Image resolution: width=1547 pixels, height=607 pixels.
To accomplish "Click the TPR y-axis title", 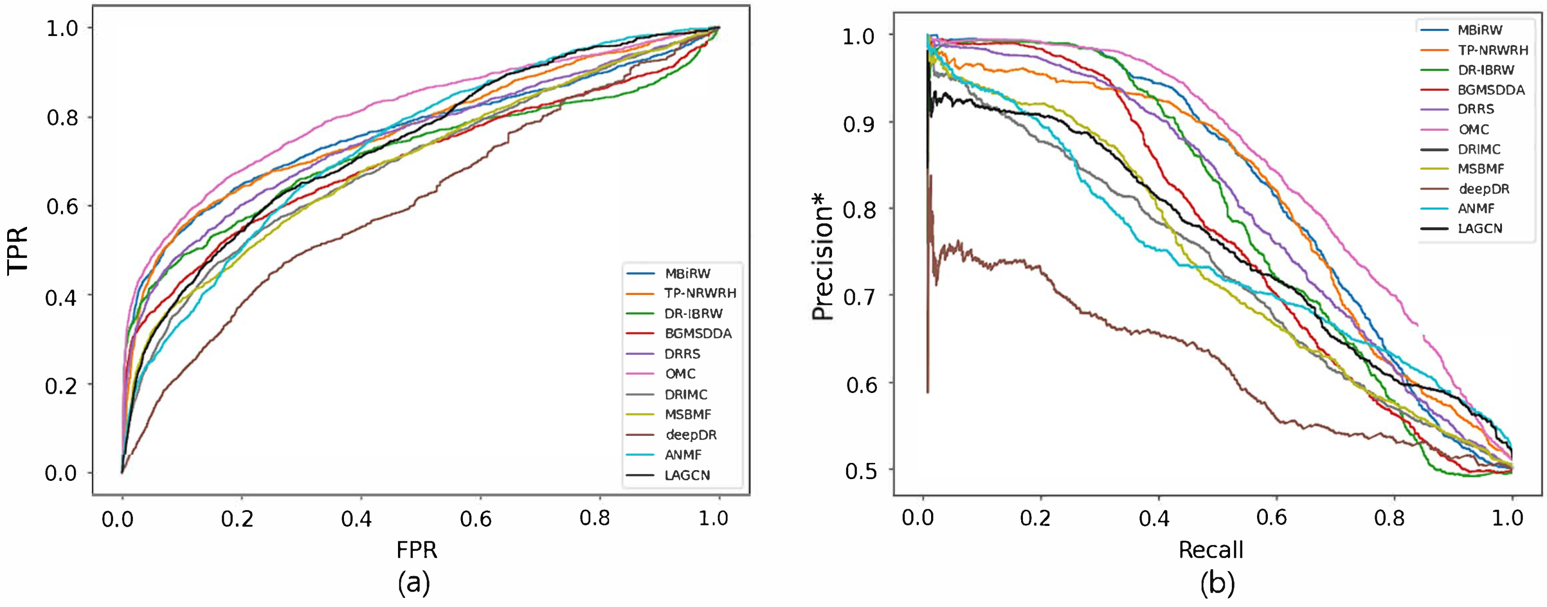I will [x=18, y=250].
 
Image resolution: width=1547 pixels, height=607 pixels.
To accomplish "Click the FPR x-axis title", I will [x=417, y=549].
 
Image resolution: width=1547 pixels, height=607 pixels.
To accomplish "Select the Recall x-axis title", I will [x=1210, y=549].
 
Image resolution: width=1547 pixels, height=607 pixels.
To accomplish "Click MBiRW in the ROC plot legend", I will [x=688, y=274].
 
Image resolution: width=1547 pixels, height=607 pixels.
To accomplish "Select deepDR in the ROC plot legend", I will [x=691, y=435].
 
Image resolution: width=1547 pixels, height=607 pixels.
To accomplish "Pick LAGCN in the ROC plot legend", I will [x=687, y=475].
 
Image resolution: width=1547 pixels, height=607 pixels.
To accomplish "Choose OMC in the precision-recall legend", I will [x=1474, y=129].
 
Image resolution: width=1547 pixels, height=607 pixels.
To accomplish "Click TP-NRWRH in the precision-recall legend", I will [x=1493, y=50].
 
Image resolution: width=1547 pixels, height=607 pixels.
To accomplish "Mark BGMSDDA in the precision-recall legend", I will [x=1491, y=90].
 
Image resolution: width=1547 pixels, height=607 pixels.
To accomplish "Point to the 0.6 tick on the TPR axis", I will [x=63, y=206].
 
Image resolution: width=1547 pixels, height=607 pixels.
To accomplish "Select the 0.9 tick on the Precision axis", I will [x=859, y=124].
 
